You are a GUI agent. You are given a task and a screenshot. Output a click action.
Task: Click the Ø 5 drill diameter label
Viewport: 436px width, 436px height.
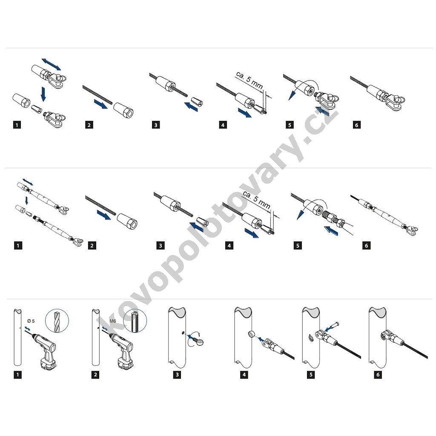tap(31, 321)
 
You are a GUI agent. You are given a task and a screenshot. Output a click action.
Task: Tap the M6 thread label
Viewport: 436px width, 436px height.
tap(112, 321)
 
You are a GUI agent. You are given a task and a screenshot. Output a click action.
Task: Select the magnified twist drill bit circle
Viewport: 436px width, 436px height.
tap(57, 320)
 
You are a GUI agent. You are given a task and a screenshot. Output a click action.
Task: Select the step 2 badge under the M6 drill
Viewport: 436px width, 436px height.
tap(95, 375)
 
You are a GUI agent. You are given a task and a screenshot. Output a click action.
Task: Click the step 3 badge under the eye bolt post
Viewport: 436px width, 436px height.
tap(177, 375)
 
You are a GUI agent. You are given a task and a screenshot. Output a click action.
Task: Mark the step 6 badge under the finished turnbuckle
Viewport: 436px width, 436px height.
tap(366, 246)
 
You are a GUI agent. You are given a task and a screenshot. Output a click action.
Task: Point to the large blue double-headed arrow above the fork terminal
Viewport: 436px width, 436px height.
tap(51, 65)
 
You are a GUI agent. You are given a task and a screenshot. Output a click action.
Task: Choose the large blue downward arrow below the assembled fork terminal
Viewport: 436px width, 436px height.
tap(43, 94)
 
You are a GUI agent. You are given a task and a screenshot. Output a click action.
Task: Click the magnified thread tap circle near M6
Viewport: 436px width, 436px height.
tap(135, 320)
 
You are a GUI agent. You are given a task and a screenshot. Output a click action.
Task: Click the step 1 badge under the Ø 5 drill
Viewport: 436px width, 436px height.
tap(17, 375)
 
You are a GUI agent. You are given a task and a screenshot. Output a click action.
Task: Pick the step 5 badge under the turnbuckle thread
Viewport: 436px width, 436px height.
tap(298, 246)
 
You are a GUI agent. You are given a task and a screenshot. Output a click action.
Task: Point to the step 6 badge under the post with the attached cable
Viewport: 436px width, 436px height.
tap(378, 375)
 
